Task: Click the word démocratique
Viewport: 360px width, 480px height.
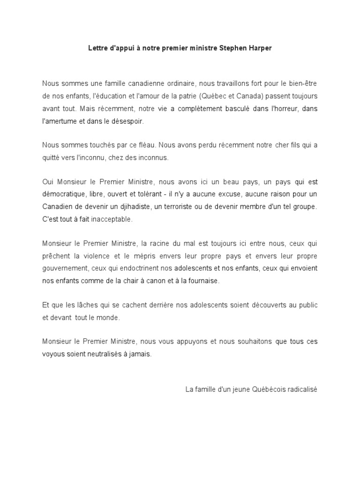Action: click(x=63, y=194)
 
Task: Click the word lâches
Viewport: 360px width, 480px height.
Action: click(x=82, y=305)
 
